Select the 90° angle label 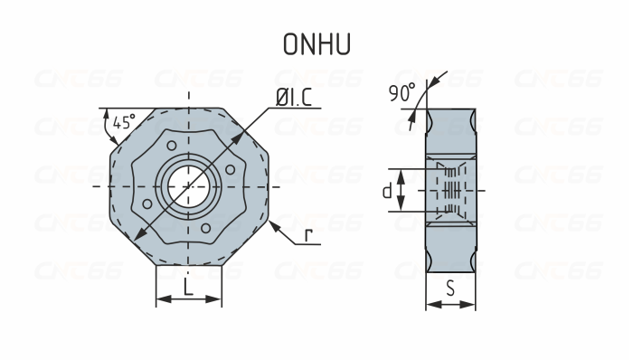coord(402,92)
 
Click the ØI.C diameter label coord(291,99)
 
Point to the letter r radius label coord(308,236)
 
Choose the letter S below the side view coord(450,290)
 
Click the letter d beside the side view coord(387,191)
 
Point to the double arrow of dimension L coord(188,300)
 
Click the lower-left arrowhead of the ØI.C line coord(137,237)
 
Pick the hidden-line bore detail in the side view coord(449,191)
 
